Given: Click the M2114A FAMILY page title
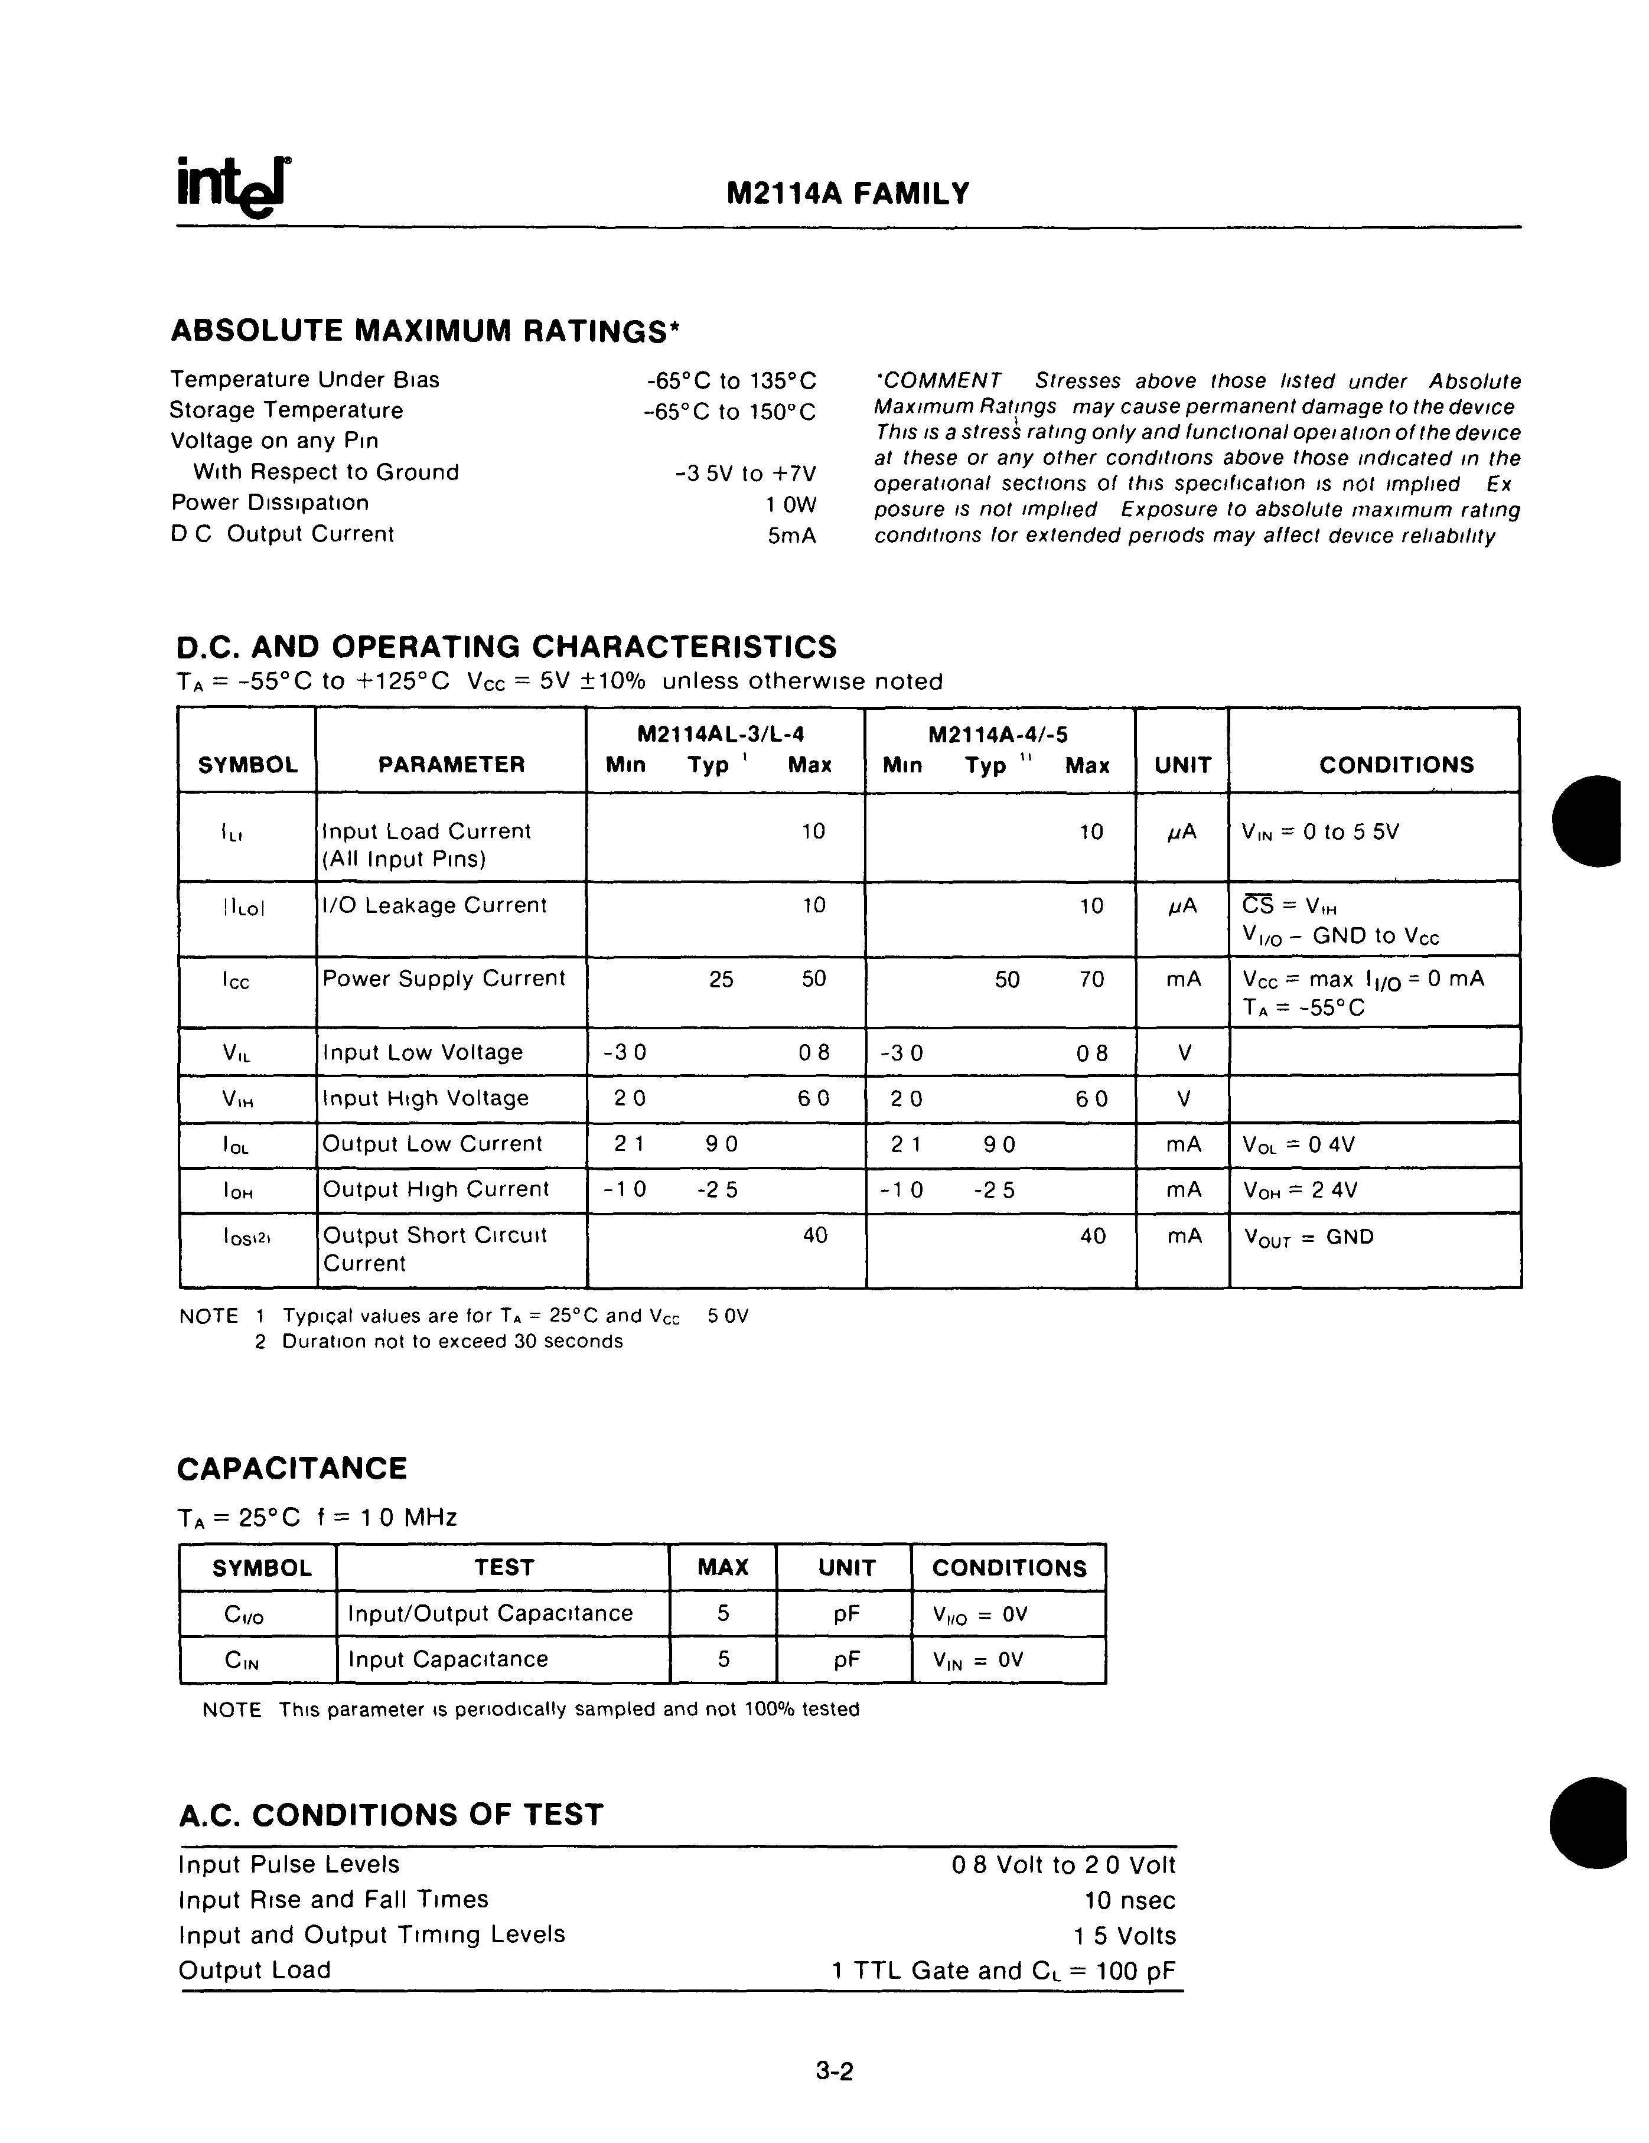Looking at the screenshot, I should coord(848,193).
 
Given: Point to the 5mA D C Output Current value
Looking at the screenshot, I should coord(792,536).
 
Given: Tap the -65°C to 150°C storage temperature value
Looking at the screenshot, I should coord(729,411).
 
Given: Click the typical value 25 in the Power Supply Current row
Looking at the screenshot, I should coord(722,979).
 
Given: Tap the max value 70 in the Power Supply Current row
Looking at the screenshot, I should coord(1091,979).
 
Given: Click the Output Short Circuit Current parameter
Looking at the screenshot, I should coord(434,1249).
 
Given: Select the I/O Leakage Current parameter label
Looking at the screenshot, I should coord(434,906).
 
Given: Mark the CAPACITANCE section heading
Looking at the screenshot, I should coord(292,1469).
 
